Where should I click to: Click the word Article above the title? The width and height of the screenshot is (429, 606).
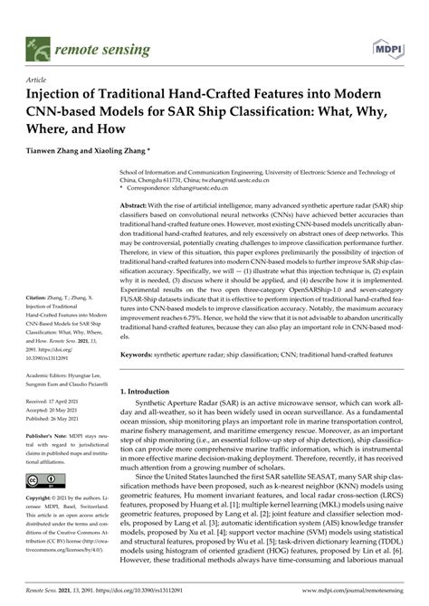[x=37, y=79]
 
